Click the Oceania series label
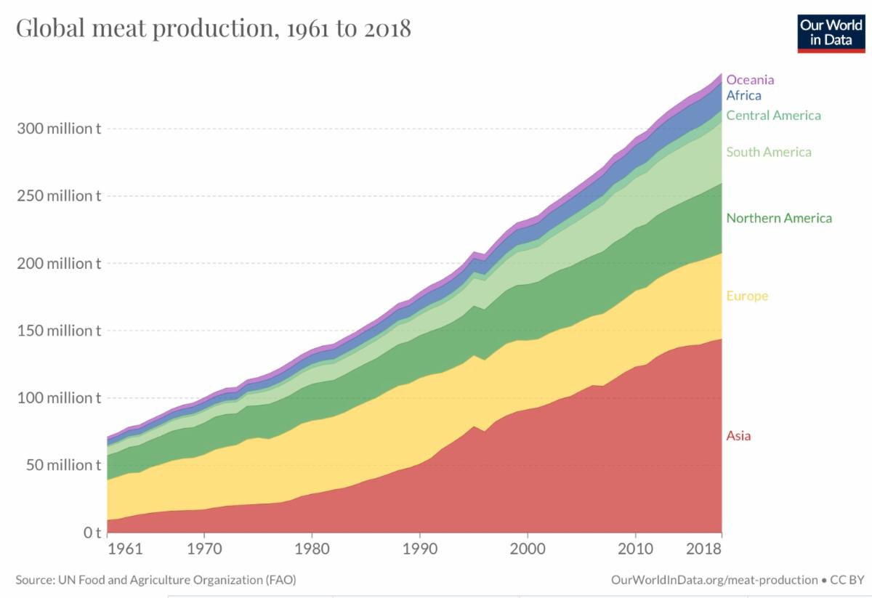click(x=750, y=80)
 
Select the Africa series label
click(x=743, y=95)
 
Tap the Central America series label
click(x=773, y=116)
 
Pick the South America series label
click(x=769, y=152)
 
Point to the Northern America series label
click(x=779, y=218)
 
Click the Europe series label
click(x=747, y=296)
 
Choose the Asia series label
click(x=738, y=436)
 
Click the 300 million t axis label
click(x=58, y=129)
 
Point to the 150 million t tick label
click(x=58, y=331)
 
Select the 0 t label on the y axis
click(x=92, y=533)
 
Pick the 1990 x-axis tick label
click(x=419, y=549)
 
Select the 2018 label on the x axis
click(x=704, y=549)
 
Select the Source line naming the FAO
click(x=156, y=580)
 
